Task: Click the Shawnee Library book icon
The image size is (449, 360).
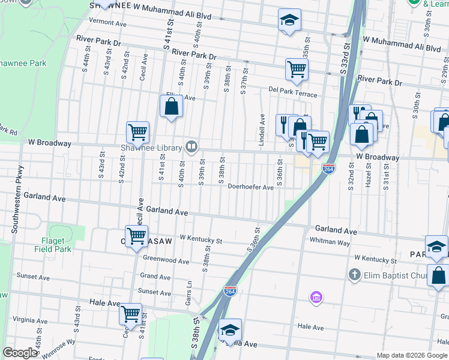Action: (x=191, y=146)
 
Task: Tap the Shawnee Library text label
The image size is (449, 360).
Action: (x=160, y=148)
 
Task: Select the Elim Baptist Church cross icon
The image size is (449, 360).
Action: (x=354, y=275)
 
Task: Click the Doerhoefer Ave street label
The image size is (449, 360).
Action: (x=251, y=187)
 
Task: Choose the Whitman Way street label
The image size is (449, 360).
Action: (x=330, y=242)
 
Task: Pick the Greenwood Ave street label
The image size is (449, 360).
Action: (x=166, y=260)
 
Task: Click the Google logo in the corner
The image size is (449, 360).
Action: (x=20, y=353)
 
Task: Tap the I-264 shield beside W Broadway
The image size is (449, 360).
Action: (x=328, y=169)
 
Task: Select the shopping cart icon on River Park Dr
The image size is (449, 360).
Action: (x=297, y=69)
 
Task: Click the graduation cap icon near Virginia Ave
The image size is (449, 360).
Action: (x=230, y=329)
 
